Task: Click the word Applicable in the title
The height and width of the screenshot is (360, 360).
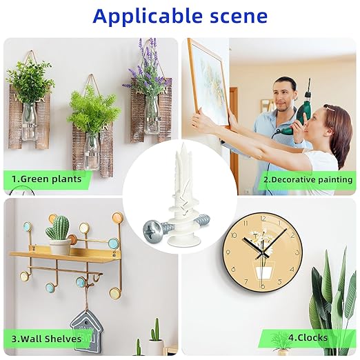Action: [148, 17]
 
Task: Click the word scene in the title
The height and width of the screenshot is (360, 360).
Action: [239, 17]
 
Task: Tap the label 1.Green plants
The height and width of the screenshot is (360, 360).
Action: [47, 179]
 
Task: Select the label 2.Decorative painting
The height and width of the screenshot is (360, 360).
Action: [308, 179]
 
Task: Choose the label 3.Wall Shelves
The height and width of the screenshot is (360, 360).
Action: [46, 339]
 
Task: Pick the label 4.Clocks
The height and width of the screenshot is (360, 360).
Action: [308, 338]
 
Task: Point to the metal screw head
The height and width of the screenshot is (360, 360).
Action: [151, 230]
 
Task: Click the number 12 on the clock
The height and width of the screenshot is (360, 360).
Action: [263, 219]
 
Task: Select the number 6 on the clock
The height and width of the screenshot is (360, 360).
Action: [263, 286]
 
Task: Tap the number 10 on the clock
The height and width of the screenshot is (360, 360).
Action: [234, 235]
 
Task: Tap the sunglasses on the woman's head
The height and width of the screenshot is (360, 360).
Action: [330, 108]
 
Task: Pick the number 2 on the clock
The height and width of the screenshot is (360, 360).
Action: [292, 236]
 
